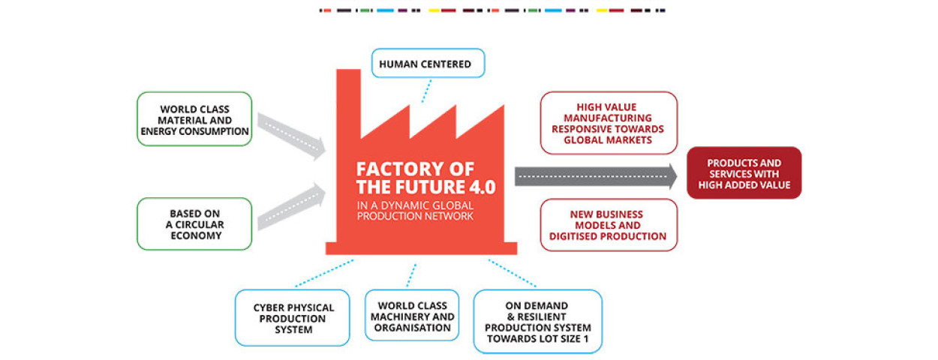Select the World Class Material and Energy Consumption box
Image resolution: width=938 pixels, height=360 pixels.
click(194, 120)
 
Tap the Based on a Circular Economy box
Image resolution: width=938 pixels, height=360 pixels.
click(194, 223)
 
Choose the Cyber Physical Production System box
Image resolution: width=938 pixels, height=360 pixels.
click(292, 318)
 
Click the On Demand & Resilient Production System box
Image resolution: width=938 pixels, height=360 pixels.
click(537, 321)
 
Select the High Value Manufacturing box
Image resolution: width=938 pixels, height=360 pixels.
click(609, 123)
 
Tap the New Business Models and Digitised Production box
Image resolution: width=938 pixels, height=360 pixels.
click(609, 225)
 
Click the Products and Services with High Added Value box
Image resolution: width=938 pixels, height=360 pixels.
click(744, 173)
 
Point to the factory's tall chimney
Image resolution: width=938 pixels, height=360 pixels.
click(348, 97)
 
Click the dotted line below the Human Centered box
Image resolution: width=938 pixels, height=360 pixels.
click(425, 91)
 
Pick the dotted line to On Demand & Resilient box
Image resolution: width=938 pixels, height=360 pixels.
click(513, 274)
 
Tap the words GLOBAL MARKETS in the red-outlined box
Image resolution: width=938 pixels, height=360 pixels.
click(609, 139)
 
